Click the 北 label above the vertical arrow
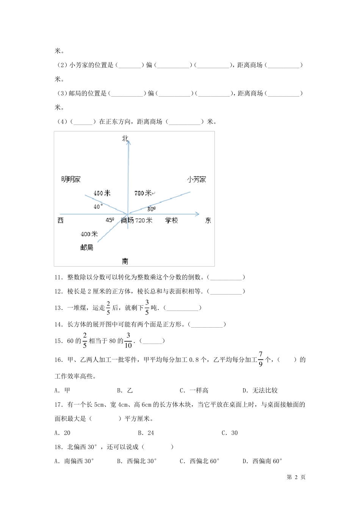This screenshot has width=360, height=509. [x=125, y=139]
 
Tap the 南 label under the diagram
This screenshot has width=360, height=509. [x=125, y=261]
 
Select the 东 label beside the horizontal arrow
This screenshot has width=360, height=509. [x=208, y=220]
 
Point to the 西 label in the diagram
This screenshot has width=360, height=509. [x=61, y=220]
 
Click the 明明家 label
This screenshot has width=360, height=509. [x=71, y=180]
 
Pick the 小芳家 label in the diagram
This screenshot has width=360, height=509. [x=196, y=180]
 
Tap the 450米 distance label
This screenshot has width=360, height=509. [x=102, y=194]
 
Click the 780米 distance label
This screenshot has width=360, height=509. [x=143, y=194]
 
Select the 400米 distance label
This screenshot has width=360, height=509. [x=89, y=234]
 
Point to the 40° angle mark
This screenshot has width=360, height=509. [x=98, y=207]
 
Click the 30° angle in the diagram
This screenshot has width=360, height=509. [x=151, y=209]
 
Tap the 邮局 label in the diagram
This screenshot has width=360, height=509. [x=87, y=248]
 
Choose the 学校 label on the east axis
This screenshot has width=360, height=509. [x=171, y=220]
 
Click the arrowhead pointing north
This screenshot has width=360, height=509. [x=128, y=142]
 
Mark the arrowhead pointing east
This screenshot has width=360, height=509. [x=197, y=214]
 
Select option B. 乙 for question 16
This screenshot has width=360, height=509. [x=125, y=390]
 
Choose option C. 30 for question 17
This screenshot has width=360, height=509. [x=230, y=433]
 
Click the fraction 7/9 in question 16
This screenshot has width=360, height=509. [x=260, y=359]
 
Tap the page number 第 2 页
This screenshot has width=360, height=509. [x=296, y=477]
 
